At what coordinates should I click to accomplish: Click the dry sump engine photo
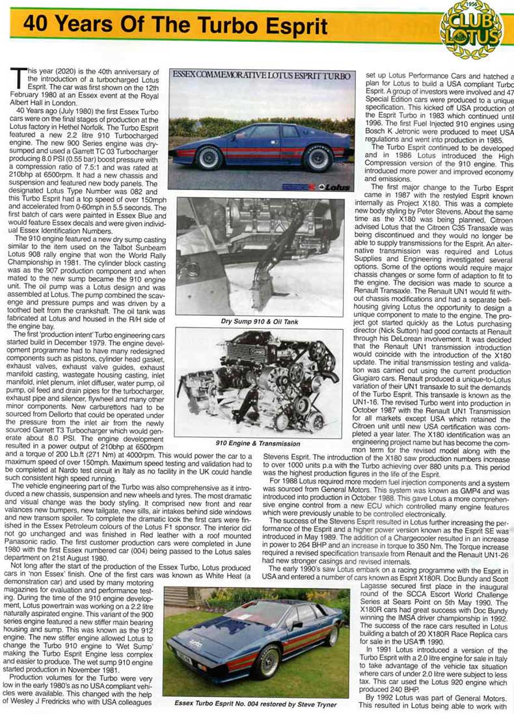point(259,257)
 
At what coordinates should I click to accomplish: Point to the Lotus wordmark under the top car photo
point(329,185)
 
